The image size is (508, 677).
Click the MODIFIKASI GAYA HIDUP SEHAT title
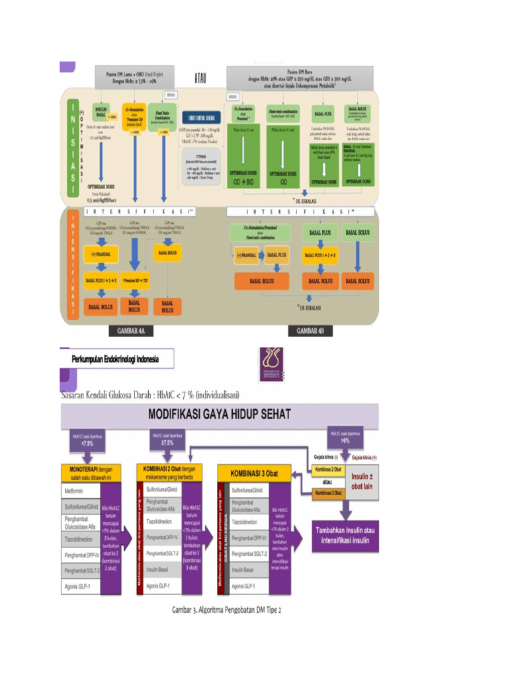tap(219, 417)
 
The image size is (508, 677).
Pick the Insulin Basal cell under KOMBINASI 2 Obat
tap(163, 569)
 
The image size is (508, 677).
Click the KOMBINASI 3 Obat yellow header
tap(257, 473)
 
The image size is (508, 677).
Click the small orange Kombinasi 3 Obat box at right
tap(328, 493)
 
